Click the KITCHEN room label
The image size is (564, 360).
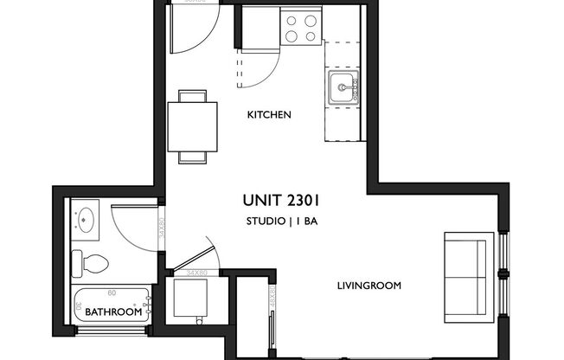click(x=268, y=115)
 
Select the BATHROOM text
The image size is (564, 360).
click(x=111, y=312)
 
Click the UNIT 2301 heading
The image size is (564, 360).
click(x=285, y=200)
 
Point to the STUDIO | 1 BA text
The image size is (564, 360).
click(x=285, y=222)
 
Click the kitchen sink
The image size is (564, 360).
click(x=343, y=88)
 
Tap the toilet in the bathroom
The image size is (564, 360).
click(x=90, y=260)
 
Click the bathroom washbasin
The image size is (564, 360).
click(x=86, y=219)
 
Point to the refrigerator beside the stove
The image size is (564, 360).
click(x=255, y=28)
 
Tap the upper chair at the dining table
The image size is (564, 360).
click(x=195, y=96)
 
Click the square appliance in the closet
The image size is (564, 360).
click(x=190, y=299)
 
